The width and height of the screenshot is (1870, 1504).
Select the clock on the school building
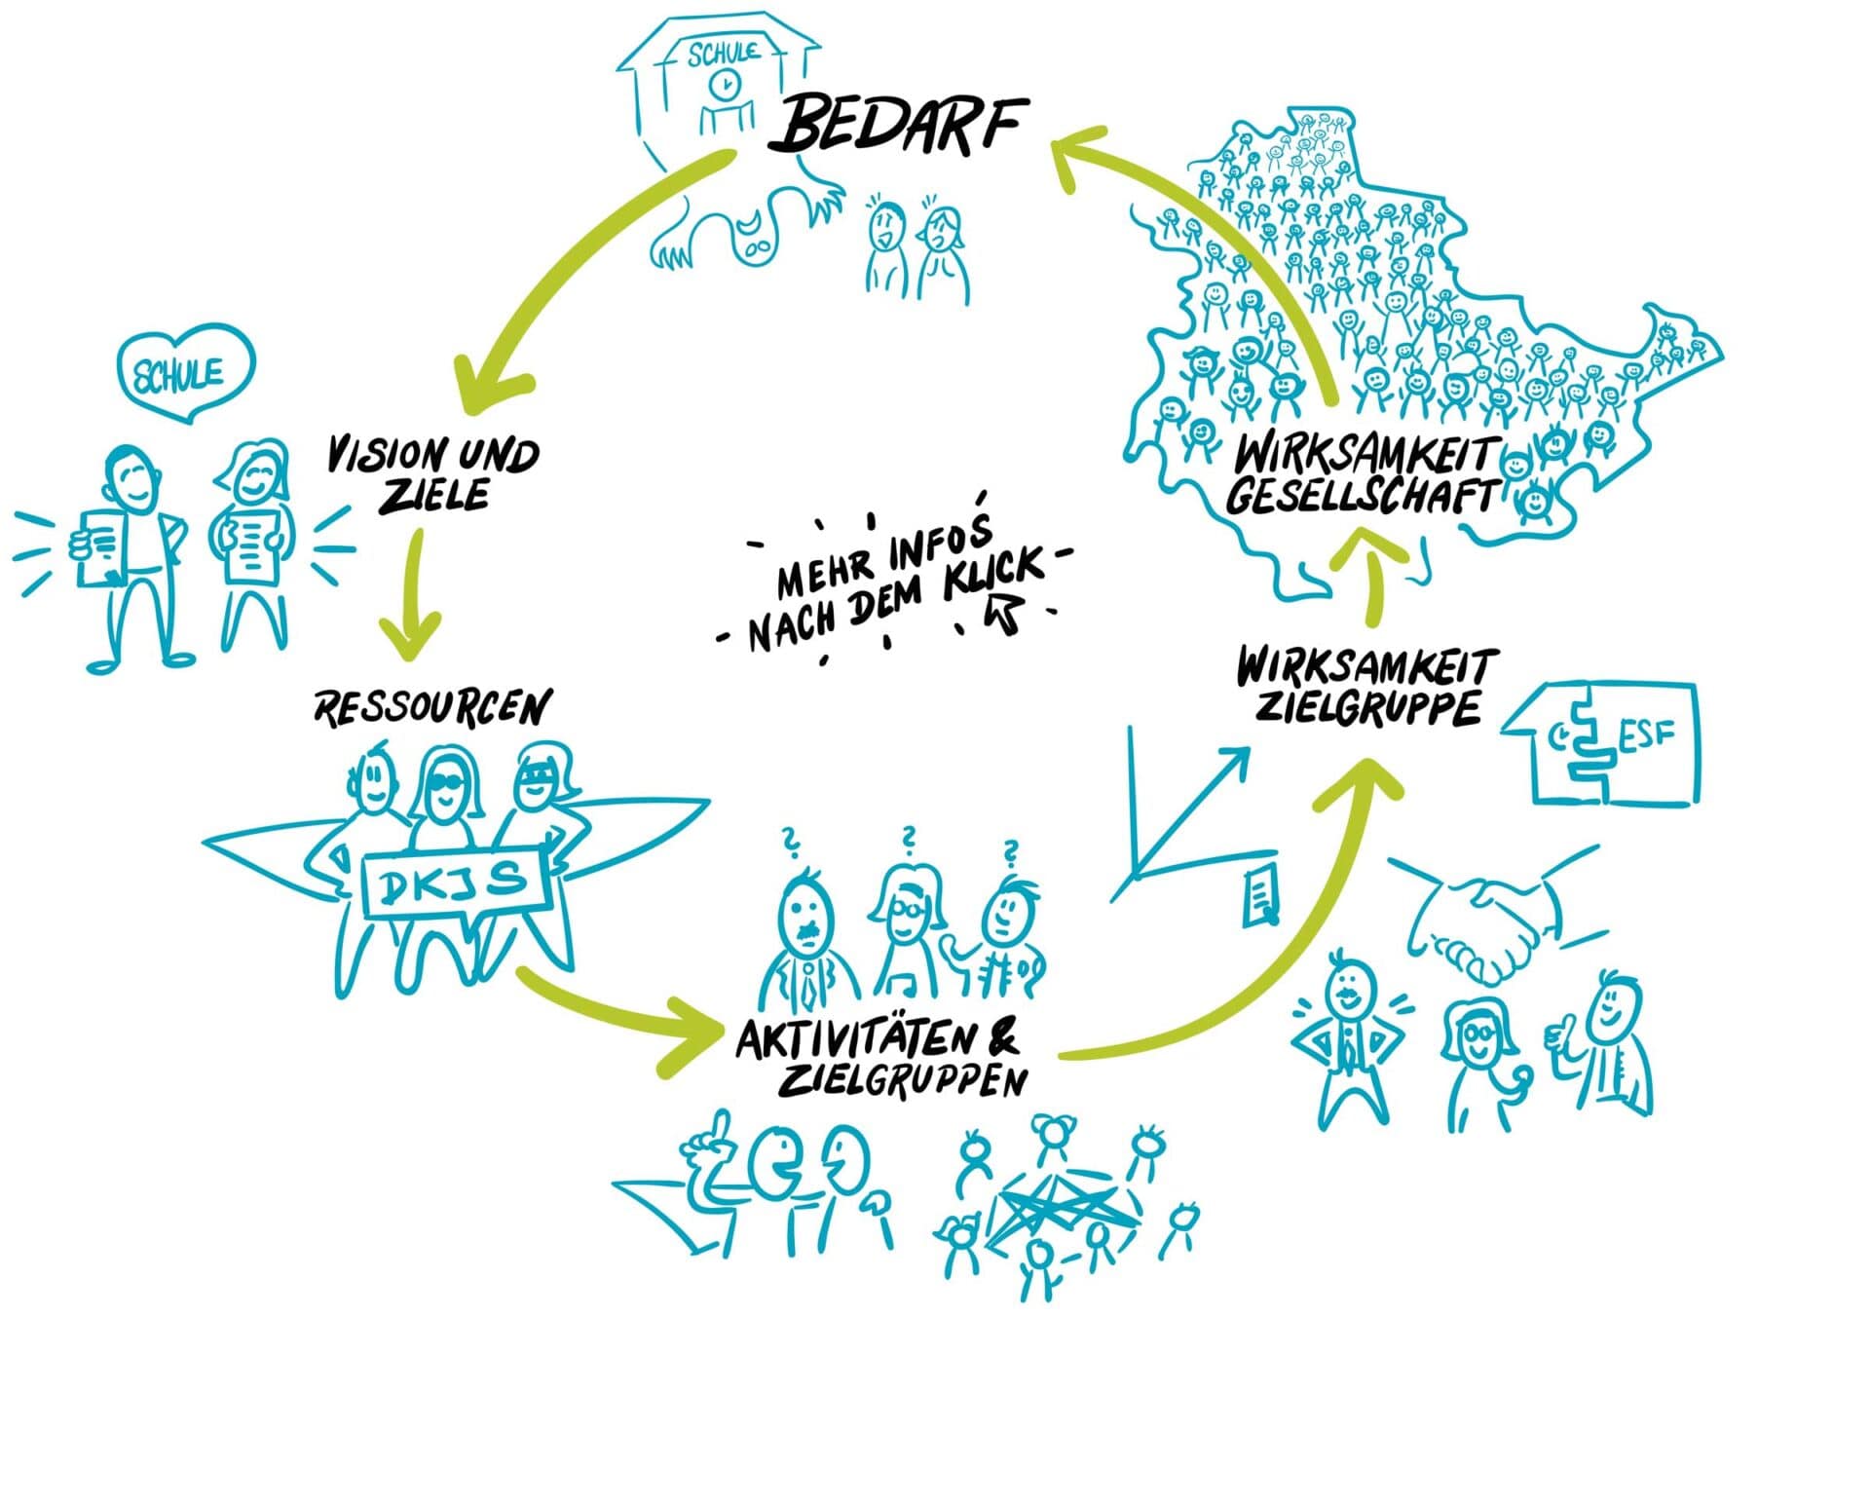click(x=724, y=85)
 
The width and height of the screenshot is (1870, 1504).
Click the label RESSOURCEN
click(x=431, y=708)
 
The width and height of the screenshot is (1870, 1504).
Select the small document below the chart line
click(x=1261, y=893)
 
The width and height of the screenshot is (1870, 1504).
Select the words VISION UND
click(x=432, y=456)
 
